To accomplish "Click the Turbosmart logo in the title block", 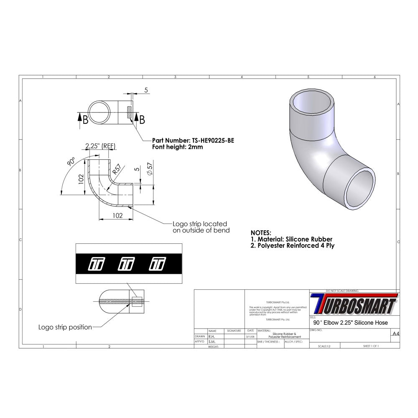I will point(354,304).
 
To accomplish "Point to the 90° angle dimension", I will point(71,162).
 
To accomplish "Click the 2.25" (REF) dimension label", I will point(100,146).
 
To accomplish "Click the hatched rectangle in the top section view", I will point(129,112).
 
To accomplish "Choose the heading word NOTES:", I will point(260,232).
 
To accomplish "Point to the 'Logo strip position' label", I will point(65,327).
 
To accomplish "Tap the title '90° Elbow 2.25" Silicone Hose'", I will point(350,323).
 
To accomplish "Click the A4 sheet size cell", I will point(395,334).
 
